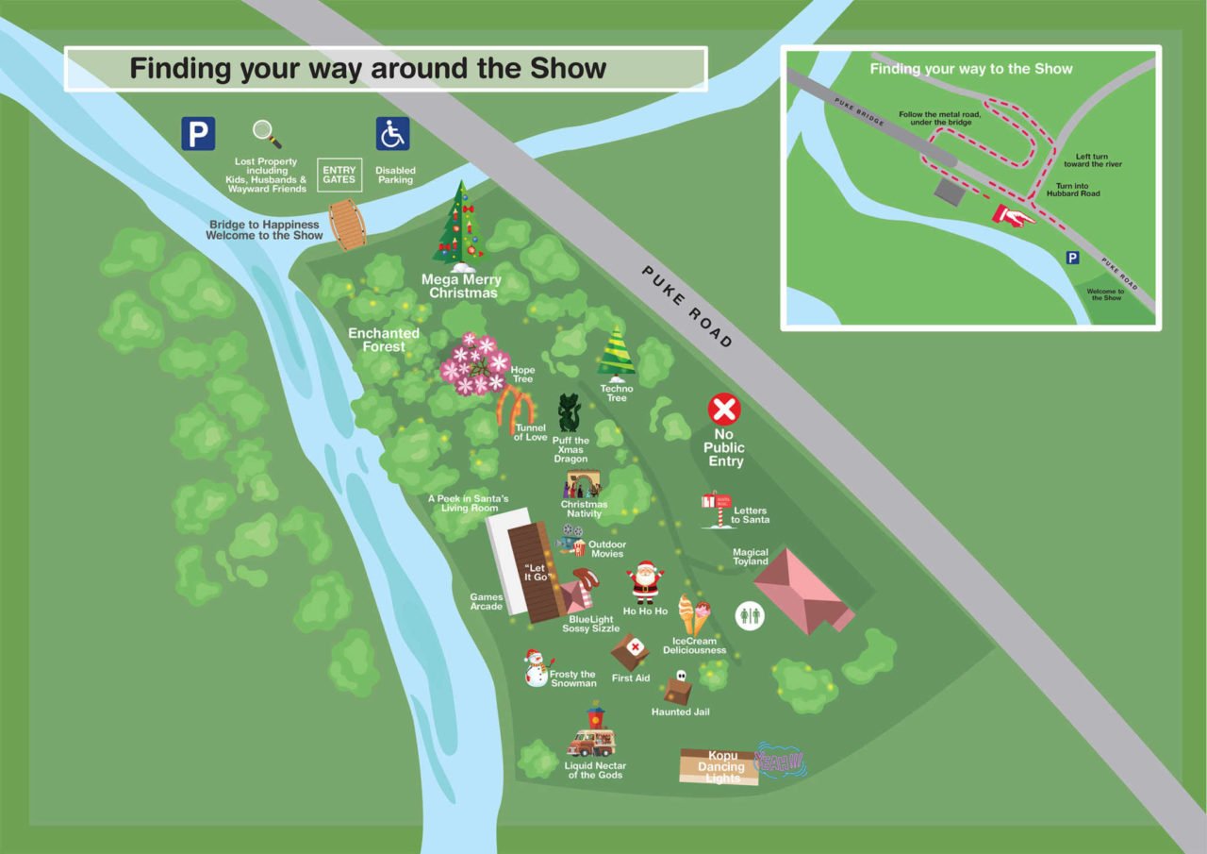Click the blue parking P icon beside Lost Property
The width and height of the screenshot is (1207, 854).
coord(198,133)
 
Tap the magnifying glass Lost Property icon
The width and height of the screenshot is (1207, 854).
coord(267,134)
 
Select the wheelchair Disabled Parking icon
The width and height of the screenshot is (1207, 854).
coord(393,134)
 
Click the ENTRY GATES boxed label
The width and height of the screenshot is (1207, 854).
coord(339,175)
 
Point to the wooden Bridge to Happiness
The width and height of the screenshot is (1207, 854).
coord(349,225)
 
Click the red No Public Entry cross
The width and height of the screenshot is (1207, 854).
coord(724,410)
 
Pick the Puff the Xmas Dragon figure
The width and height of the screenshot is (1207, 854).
coord(569,413)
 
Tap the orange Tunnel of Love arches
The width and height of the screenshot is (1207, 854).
coord(516,409)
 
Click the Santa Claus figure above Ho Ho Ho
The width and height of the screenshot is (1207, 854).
coord(646,581)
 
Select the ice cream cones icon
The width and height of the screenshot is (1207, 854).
coord(694,614)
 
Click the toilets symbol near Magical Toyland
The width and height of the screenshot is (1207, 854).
coord(751,615)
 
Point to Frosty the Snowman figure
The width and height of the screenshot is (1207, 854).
coord(536,667)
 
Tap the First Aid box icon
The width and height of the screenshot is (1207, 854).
coord(630,650)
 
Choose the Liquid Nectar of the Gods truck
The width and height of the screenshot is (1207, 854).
coord(591,735)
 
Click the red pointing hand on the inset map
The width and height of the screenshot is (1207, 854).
coord(1012,216)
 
